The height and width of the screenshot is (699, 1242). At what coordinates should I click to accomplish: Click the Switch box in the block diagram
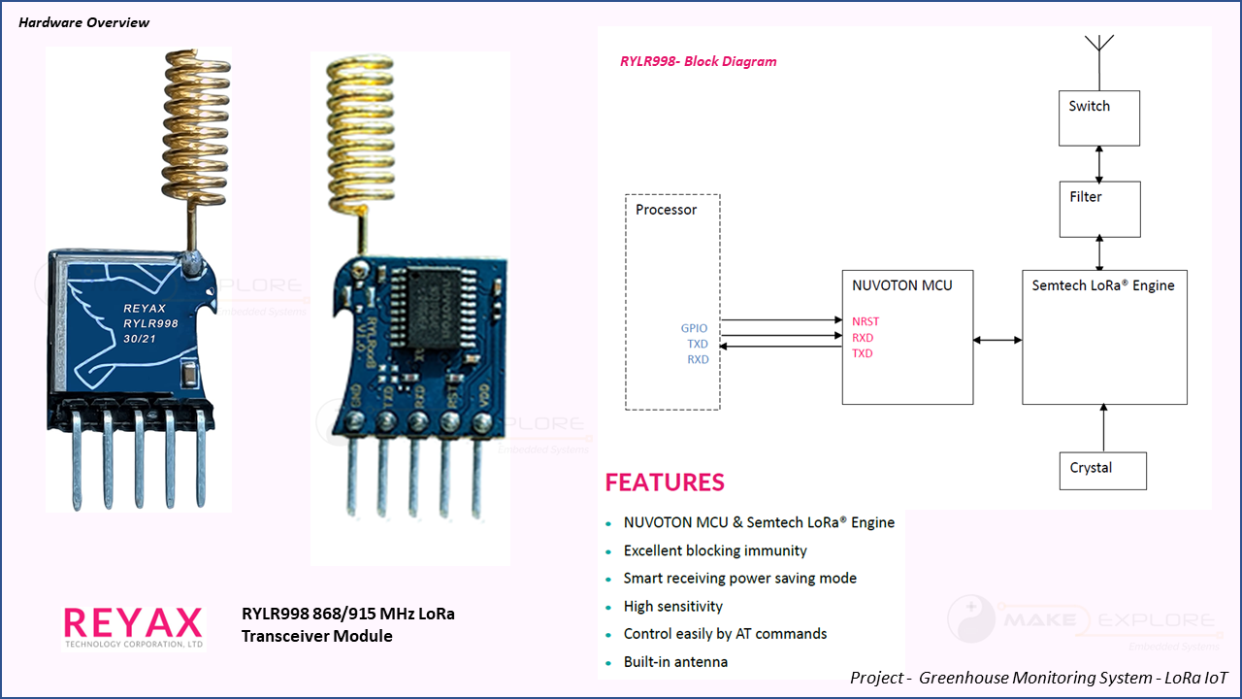(x=1098, y=117)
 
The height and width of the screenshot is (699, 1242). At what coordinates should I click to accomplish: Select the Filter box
(x=1098, y=209)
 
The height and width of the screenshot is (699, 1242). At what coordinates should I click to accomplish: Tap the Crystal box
(x=1101, y=470)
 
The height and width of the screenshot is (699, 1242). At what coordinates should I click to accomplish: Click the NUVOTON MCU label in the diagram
(x=901, y=285)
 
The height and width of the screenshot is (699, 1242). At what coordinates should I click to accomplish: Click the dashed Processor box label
(x=666, y=210)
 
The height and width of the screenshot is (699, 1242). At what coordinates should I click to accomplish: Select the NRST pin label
(x=866, y=321)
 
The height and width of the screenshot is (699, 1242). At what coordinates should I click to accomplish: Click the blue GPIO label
(x=694, y=329)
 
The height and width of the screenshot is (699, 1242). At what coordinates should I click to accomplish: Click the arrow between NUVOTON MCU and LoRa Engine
(x=997, y=340)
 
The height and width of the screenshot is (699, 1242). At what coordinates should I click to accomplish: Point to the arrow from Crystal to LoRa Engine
(x=1103, y=428)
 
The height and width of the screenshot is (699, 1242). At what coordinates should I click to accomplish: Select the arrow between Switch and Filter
(x=1098, y=163)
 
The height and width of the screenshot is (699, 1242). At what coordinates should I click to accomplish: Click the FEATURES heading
(x=665, y=483)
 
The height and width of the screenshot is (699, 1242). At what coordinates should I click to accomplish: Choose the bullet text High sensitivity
(x=672, y=607)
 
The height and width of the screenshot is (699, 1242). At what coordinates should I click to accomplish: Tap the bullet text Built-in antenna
(x=675, y=662)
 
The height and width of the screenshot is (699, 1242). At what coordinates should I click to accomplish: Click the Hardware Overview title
(x=84, y=22)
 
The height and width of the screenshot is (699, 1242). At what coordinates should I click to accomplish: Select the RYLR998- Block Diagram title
(x=698, y=61)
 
